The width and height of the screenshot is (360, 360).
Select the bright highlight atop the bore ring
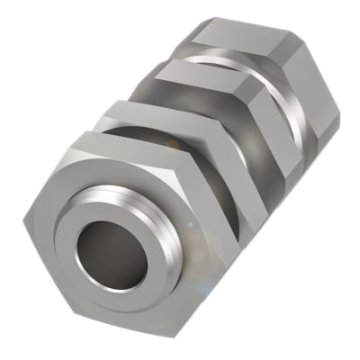[112, 196]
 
